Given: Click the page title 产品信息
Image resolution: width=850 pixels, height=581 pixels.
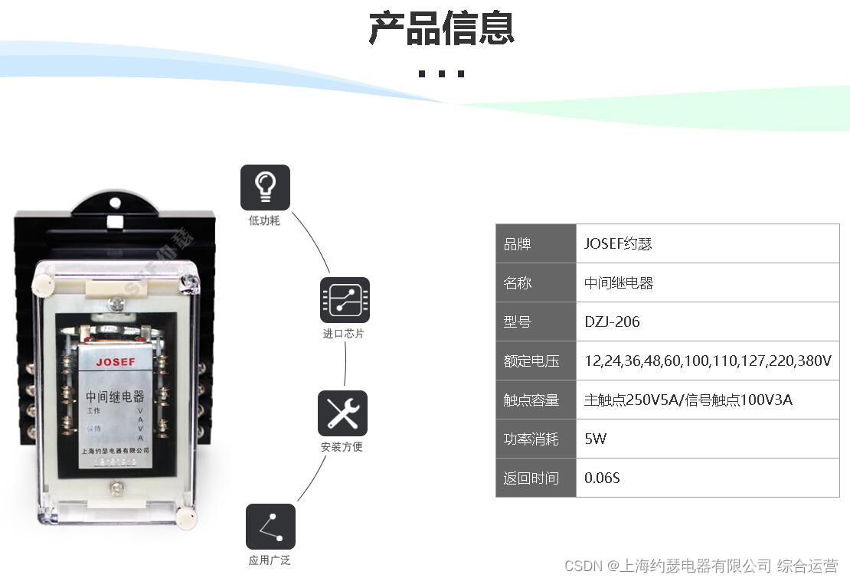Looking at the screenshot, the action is click(441, 28).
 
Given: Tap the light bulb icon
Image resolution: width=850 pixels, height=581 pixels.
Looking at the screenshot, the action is click(265, 187).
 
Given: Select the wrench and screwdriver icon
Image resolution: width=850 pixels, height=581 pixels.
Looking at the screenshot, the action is click(342, 413).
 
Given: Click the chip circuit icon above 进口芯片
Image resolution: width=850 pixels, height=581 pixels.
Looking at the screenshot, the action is click(345, 299).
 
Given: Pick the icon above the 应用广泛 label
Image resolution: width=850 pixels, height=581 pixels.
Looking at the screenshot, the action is click(270, 527).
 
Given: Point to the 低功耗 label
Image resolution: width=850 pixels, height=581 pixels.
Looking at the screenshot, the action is click(264, 220).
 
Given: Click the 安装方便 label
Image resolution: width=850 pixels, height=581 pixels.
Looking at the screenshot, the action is click(342, 447).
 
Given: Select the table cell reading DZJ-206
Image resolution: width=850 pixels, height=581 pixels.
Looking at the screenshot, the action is click(612, 322).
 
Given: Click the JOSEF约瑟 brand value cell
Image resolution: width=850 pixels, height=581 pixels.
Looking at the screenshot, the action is click(618, 244).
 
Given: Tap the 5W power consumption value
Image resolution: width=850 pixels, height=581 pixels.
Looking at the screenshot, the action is click(595, 439).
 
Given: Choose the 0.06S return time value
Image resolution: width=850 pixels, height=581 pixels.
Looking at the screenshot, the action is click(602, 478).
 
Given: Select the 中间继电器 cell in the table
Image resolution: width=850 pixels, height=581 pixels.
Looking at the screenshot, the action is click(619, 282).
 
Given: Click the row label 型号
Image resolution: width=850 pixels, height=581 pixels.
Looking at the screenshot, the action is click(517, 322).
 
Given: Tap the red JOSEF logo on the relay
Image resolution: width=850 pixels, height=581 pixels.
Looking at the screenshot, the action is click(116, 361).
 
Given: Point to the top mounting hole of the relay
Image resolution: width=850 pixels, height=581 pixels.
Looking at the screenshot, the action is click(115, 204).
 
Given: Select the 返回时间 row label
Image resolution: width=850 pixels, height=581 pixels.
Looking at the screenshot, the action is click(531, 478).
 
